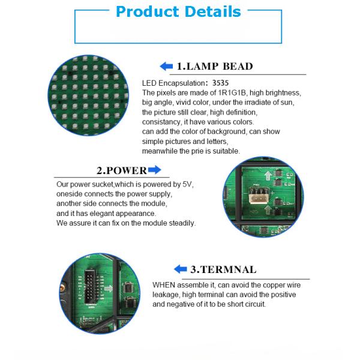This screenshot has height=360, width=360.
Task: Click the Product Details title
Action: tap(178, 12)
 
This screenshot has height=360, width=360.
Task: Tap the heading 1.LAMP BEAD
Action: tap(215, 67)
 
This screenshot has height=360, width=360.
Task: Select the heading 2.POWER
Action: tap(122, 170)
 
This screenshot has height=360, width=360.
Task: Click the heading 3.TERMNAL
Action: tap(223, 269)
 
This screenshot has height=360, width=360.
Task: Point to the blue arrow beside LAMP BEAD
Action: tap(166, 67)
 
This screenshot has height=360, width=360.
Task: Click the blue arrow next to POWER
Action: tap(155, 170)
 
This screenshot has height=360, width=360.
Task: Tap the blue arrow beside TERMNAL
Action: tap(181, 269)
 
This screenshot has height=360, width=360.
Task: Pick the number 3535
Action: tap(220, 83)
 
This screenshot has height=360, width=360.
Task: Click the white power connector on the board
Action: tap(259, 196)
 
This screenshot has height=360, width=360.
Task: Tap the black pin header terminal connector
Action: tap(90, 287)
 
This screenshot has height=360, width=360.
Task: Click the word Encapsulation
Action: tap(181, 83)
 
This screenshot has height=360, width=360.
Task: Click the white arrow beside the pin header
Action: tap(109, 289)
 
